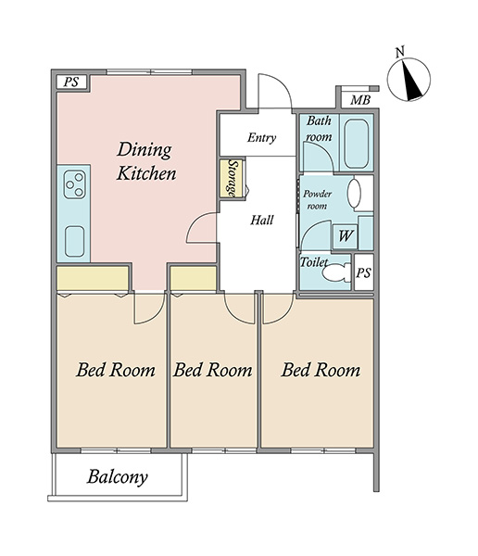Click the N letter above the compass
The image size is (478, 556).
click(x=400, y=52)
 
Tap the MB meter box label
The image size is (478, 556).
click(x=360, y=100)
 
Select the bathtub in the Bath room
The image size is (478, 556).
click(x=356, y=144)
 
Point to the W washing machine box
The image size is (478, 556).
click(x=346, y=235)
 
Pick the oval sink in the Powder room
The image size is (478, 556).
click(x=354, y=194)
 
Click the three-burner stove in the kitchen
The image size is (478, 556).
click(x=75, y=184)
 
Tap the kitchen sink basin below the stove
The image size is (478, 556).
click(x=74, y=241)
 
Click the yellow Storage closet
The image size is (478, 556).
click(x=231, y=179)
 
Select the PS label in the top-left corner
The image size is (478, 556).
click(x=71, y=82)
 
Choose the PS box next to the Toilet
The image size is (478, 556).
click(x=364, y=272)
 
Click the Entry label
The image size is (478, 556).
click(x=261, y=137)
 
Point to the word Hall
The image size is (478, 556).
click(x=261, y=221)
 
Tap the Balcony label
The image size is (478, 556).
click(x=118, y=477)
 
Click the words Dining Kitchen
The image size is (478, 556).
click(x=146, y=161)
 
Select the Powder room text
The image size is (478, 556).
click(x=318, y=199)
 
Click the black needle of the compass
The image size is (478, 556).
click(x=410, y=80)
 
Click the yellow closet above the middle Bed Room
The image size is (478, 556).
click(x=194, y=279)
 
